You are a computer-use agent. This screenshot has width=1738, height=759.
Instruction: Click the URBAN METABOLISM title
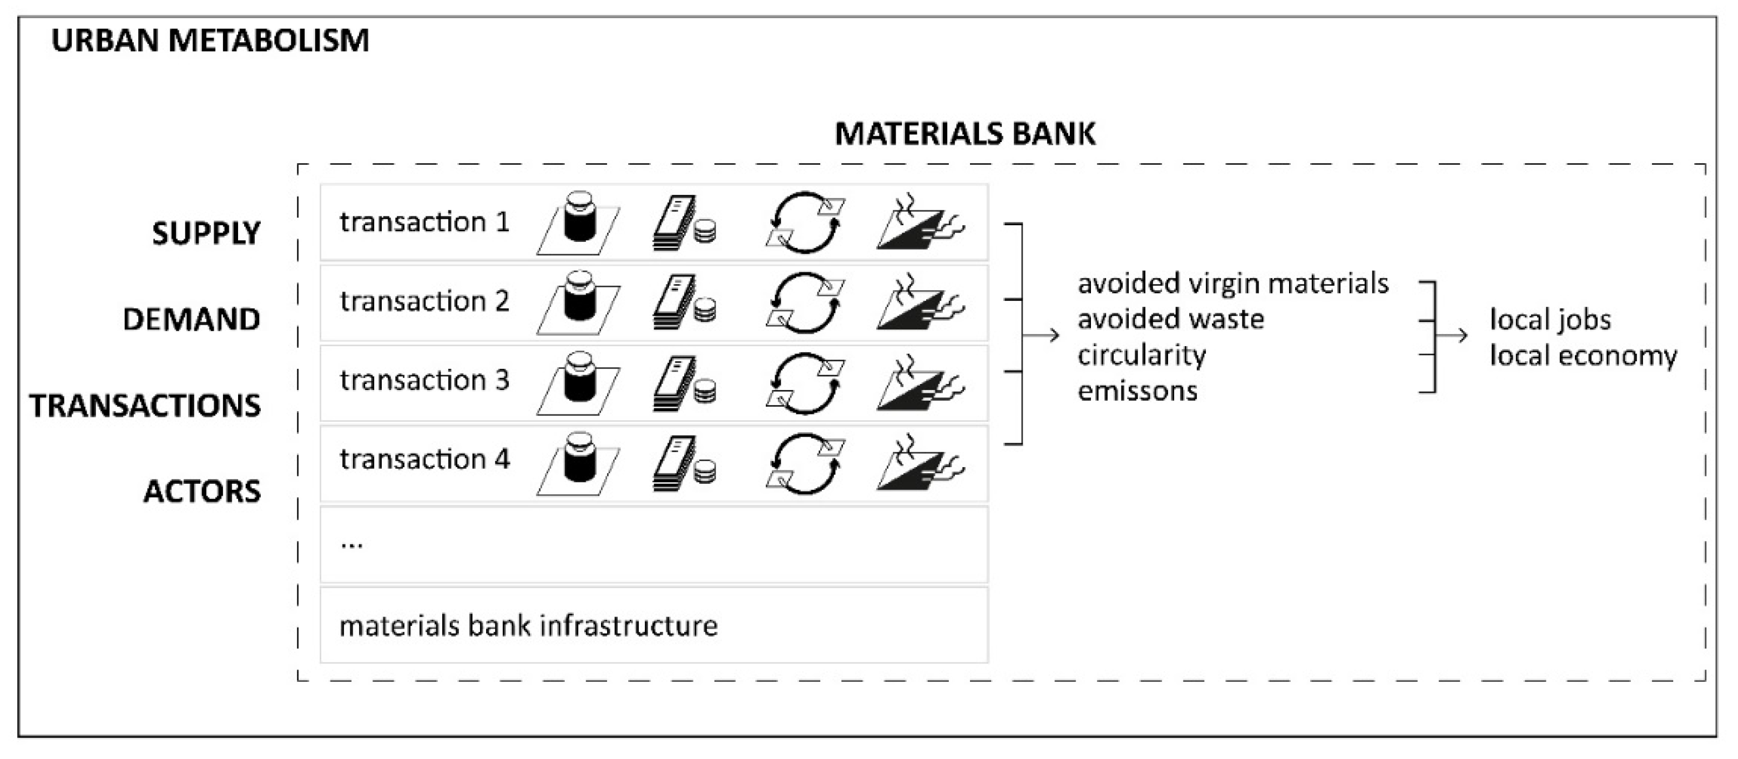[x=210, y=41]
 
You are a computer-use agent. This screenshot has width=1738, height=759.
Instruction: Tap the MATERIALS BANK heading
[x=965, y=134]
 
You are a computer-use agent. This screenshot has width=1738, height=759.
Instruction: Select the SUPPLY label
[x=206, y=234]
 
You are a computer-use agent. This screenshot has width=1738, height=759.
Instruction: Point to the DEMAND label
[x=191, y=319]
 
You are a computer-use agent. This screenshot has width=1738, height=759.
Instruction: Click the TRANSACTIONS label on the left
[x=145, y=406]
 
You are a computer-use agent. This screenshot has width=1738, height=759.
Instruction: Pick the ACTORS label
[x=202, y=491]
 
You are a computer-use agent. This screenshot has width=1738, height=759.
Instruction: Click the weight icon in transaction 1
[x=579, y=222]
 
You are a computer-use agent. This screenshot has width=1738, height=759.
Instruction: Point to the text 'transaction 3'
[x=425, y=381]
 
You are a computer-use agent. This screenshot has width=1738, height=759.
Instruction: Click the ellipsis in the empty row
[x=351, y=543]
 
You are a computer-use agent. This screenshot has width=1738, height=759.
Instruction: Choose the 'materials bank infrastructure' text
[x=528, y=625]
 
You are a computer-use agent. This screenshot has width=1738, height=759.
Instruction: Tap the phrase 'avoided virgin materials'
[x=1232, y=284]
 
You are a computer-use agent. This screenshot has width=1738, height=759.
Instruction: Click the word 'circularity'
[x=1141, y=355]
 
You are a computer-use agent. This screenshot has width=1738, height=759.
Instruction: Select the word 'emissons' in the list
[x=1138, y=391]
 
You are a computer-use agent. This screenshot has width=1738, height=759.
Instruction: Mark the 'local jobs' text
[x=1550, y=319]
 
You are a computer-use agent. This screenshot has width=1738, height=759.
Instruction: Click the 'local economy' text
[x=1583, y=355]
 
